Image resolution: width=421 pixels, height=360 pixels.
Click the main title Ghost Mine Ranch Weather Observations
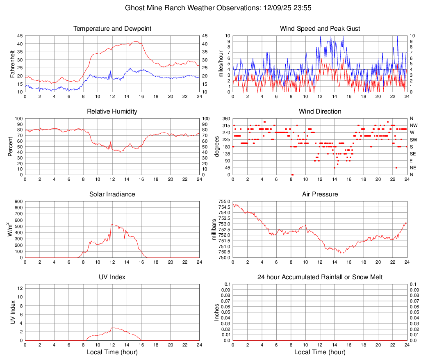[210, 8]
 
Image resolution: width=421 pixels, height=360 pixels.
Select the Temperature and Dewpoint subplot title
[112, 29]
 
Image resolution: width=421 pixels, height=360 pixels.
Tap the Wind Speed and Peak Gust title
[320, 29]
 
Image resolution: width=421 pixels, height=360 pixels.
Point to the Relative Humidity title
[112, 112]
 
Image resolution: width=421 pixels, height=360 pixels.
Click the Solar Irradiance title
[112, 194]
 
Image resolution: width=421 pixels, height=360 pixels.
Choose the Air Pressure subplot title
[320, 194]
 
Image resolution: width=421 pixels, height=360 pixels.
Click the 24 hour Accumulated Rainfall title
[320, 277]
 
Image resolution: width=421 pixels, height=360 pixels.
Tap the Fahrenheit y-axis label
[12, 64]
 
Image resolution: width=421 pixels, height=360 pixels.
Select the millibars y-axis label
[214, 229]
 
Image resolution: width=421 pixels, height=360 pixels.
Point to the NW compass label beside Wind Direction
[414, 125]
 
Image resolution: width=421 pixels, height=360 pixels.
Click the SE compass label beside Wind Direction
[413, 154]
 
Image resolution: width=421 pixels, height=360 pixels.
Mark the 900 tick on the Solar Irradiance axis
[18, 201]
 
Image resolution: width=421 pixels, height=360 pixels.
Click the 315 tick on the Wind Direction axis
[225, 125]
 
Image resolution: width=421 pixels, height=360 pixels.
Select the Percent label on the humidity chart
[11, 146]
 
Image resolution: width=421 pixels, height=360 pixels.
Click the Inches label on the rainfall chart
[217, 312]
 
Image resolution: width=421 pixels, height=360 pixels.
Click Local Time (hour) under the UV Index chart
[112, 352]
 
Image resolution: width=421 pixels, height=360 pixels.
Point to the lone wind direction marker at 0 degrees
[292, 175]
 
